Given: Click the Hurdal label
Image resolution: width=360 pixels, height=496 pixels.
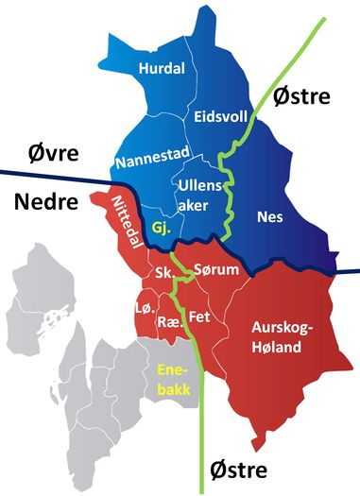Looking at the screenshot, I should coord(162,69).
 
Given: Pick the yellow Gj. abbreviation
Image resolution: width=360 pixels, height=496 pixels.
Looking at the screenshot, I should coord(161,228).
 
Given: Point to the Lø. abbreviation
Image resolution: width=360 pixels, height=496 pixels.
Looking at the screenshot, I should coord(143,310).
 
